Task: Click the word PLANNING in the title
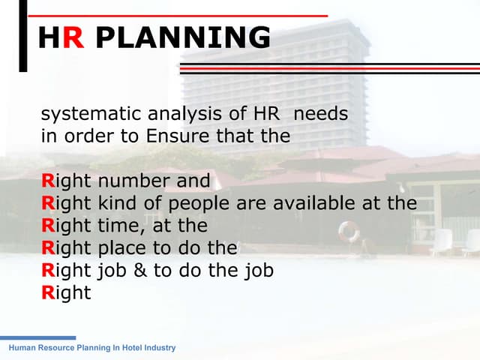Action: coord(184,37)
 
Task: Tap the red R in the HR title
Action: coord(73,37)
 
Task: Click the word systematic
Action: coord(82,115)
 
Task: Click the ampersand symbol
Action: coord(139,270)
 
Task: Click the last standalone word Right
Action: coord(66,292)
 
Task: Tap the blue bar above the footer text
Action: coord(37,338)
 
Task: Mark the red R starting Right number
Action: coord(47,181)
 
